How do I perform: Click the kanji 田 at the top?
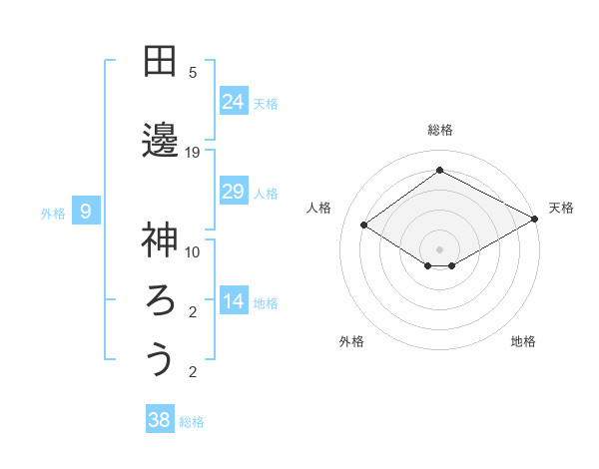pyautogui.click(x=159, y=61)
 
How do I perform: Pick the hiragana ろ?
pyautogui.click(x=159, y=299)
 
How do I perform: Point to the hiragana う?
pyautogui.click(x=159, y=358)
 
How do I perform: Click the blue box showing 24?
pyautogui.click(x=234, y=101)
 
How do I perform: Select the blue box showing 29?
pyautogui.click(x=234, y=192)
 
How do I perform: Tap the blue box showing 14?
pyautogui.click(x=234, y=302)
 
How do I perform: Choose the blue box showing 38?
pyautogui.click(x=160, y=420)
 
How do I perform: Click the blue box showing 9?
pyautogui.click(x=87, y=212)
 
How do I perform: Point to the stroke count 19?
pyautogui.click(x=193, y=153)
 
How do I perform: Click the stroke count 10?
pyautogui.click(x=193, y=251)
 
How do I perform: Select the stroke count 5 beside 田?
pyautogui.click(x=193, y=73)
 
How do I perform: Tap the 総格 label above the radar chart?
pyautogui.click(x=439, y=130)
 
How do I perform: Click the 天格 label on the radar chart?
pyautogui.click(x=561, y=208)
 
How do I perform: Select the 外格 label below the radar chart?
pyautogui.click(x=351, y=341)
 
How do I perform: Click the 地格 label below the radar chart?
pyautogui.click(x=523, y=341)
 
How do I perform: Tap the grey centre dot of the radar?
pyautogui.click(x=439, y=248)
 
